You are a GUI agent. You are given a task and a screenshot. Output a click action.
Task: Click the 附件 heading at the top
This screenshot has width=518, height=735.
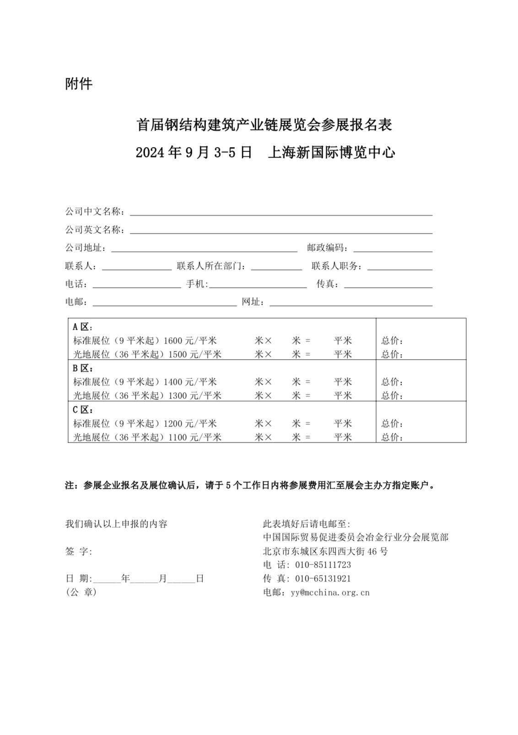tap(79, 84)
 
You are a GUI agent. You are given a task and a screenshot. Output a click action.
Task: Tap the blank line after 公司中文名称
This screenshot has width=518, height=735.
tap(281, 212)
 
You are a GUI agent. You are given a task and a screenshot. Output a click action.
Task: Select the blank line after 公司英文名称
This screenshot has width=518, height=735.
tap(281, 230)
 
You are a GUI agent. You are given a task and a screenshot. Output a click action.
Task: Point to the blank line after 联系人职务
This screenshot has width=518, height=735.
tap(399, 267)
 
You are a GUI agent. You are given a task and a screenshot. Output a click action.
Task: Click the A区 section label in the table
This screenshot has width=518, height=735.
tap(83, 327)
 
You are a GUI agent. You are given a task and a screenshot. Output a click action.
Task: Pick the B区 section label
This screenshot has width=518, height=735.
tap(83, 368)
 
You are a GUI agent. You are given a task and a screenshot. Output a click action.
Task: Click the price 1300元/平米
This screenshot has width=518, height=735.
tap(195, 395)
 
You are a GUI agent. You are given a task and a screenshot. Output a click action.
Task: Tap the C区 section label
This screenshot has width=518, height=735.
tap(83, 410)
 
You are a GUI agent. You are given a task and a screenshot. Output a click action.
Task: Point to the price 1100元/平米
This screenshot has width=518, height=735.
tap(195, 437)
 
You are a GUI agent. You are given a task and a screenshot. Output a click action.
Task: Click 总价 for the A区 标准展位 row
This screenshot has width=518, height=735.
tap(392, 340)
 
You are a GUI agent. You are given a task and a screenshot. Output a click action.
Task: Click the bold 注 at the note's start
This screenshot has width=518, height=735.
tap(70, 485)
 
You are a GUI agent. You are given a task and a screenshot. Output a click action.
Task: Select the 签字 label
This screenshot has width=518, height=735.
tap(79, 551)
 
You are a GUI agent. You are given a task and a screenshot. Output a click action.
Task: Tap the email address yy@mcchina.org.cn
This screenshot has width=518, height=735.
tap(330, 592)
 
